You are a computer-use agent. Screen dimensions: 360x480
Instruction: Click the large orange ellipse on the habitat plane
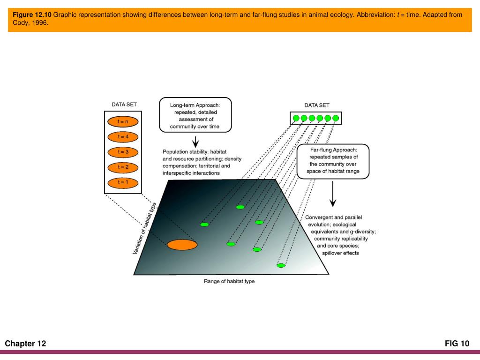(182, 244)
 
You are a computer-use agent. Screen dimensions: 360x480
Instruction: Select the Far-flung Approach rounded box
(334, 161)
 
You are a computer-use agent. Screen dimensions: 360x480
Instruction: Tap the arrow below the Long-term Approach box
(196, 141)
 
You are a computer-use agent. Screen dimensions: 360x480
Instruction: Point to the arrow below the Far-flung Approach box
(333, 195)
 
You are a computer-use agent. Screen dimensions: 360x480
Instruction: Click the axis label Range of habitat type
(229, 281)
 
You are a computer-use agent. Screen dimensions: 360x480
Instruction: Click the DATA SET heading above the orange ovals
(124, 105)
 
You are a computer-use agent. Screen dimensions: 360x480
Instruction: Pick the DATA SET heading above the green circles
(317, 105)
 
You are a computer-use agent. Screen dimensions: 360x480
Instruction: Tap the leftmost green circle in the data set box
(296, 118)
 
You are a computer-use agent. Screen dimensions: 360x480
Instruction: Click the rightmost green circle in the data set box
(335, 118)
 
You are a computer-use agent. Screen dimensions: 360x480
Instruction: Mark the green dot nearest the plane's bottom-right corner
(281, 265)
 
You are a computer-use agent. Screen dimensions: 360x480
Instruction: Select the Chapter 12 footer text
(26, 344)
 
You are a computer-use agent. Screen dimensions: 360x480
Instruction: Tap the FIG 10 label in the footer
(457, 344)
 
